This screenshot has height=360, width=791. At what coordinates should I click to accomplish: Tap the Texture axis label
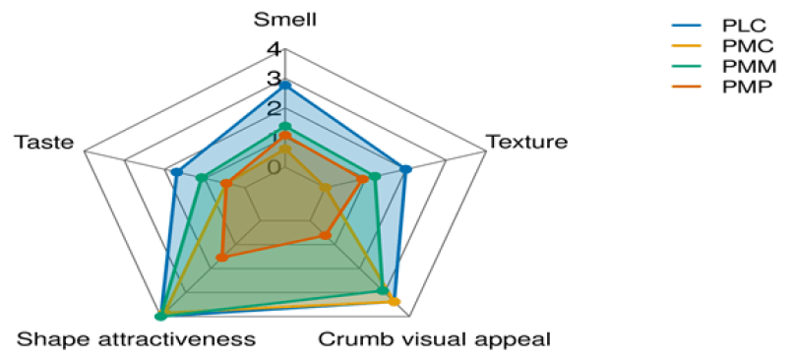[526, 142]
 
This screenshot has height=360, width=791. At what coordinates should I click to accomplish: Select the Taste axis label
[44, 143]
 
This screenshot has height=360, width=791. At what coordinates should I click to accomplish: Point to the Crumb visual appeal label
[434, 339]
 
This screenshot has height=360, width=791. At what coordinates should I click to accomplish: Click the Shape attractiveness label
[136, 339]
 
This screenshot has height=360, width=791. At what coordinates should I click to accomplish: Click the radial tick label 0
[274, 166]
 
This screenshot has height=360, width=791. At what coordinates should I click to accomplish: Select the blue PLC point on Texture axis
[405, 169]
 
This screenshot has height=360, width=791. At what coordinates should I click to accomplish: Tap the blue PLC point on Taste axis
[176, 173]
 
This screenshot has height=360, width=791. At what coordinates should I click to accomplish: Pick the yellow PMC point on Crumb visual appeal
[395, 302]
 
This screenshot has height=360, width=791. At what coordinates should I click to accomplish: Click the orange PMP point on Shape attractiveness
[221, 259]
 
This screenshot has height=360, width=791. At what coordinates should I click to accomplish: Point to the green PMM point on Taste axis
[201, 179]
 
